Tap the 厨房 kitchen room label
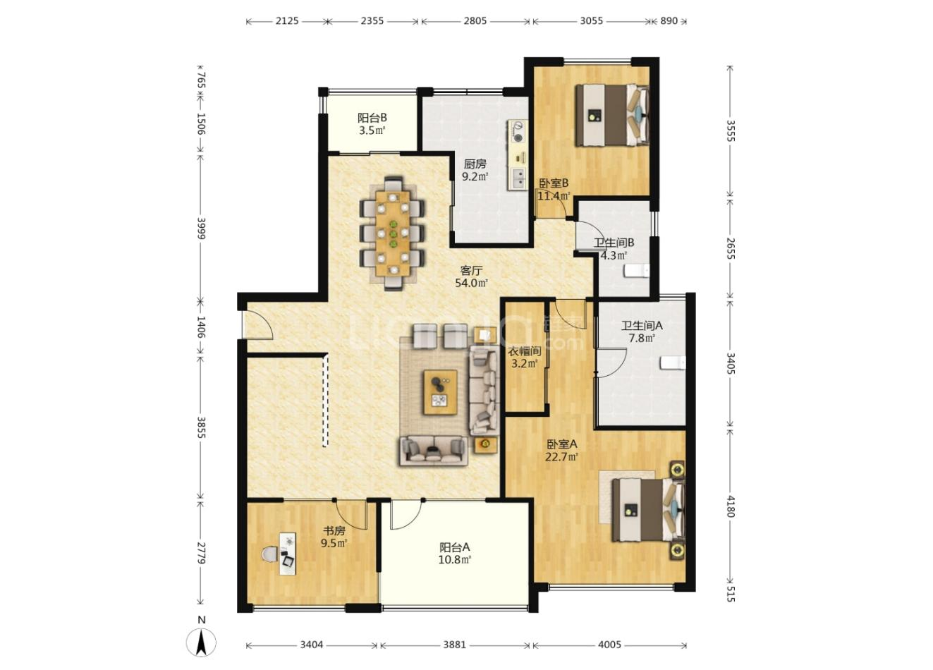pos(475,164)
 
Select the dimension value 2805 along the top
pos(475,20)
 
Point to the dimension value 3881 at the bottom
pos(454,645)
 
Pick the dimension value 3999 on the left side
pos(201,228)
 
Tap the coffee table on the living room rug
pos(440,392)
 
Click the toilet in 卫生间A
pos(673,363)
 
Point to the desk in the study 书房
pos(288,554)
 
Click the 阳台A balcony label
pos(455,547)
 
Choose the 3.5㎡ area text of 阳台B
pos(372,131)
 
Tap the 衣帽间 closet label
pos(525,351)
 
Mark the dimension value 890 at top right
pos(669,20)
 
